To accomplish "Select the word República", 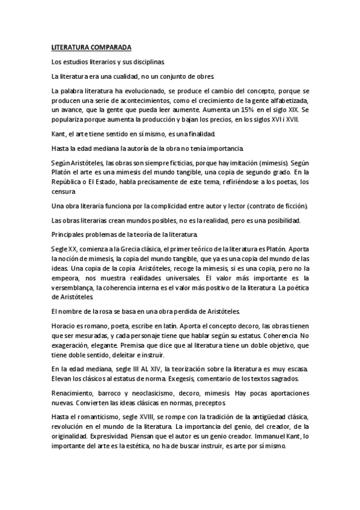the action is [70, 182].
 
